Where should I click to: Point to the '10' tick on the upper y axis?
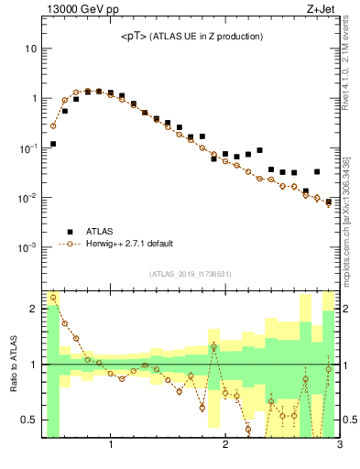[x=29, y=48]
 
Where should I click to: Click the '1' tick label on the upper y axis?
[x=33, y=98]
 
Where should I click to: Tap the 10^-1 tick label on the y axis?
[x=27, y=147]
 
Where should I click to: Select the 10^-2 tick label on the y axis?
[x=27, y=198]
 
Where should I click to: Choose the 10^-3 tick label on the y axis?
[x=27, y=247]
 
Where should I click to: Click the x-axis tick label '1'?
[x=111, y=446]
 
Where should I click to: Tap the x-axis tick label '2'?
[x=224, y=446]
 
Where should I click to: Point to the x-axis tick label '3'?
[x=339, y=446]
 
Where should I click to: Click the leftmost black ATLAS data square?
[x=53, y=144]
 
